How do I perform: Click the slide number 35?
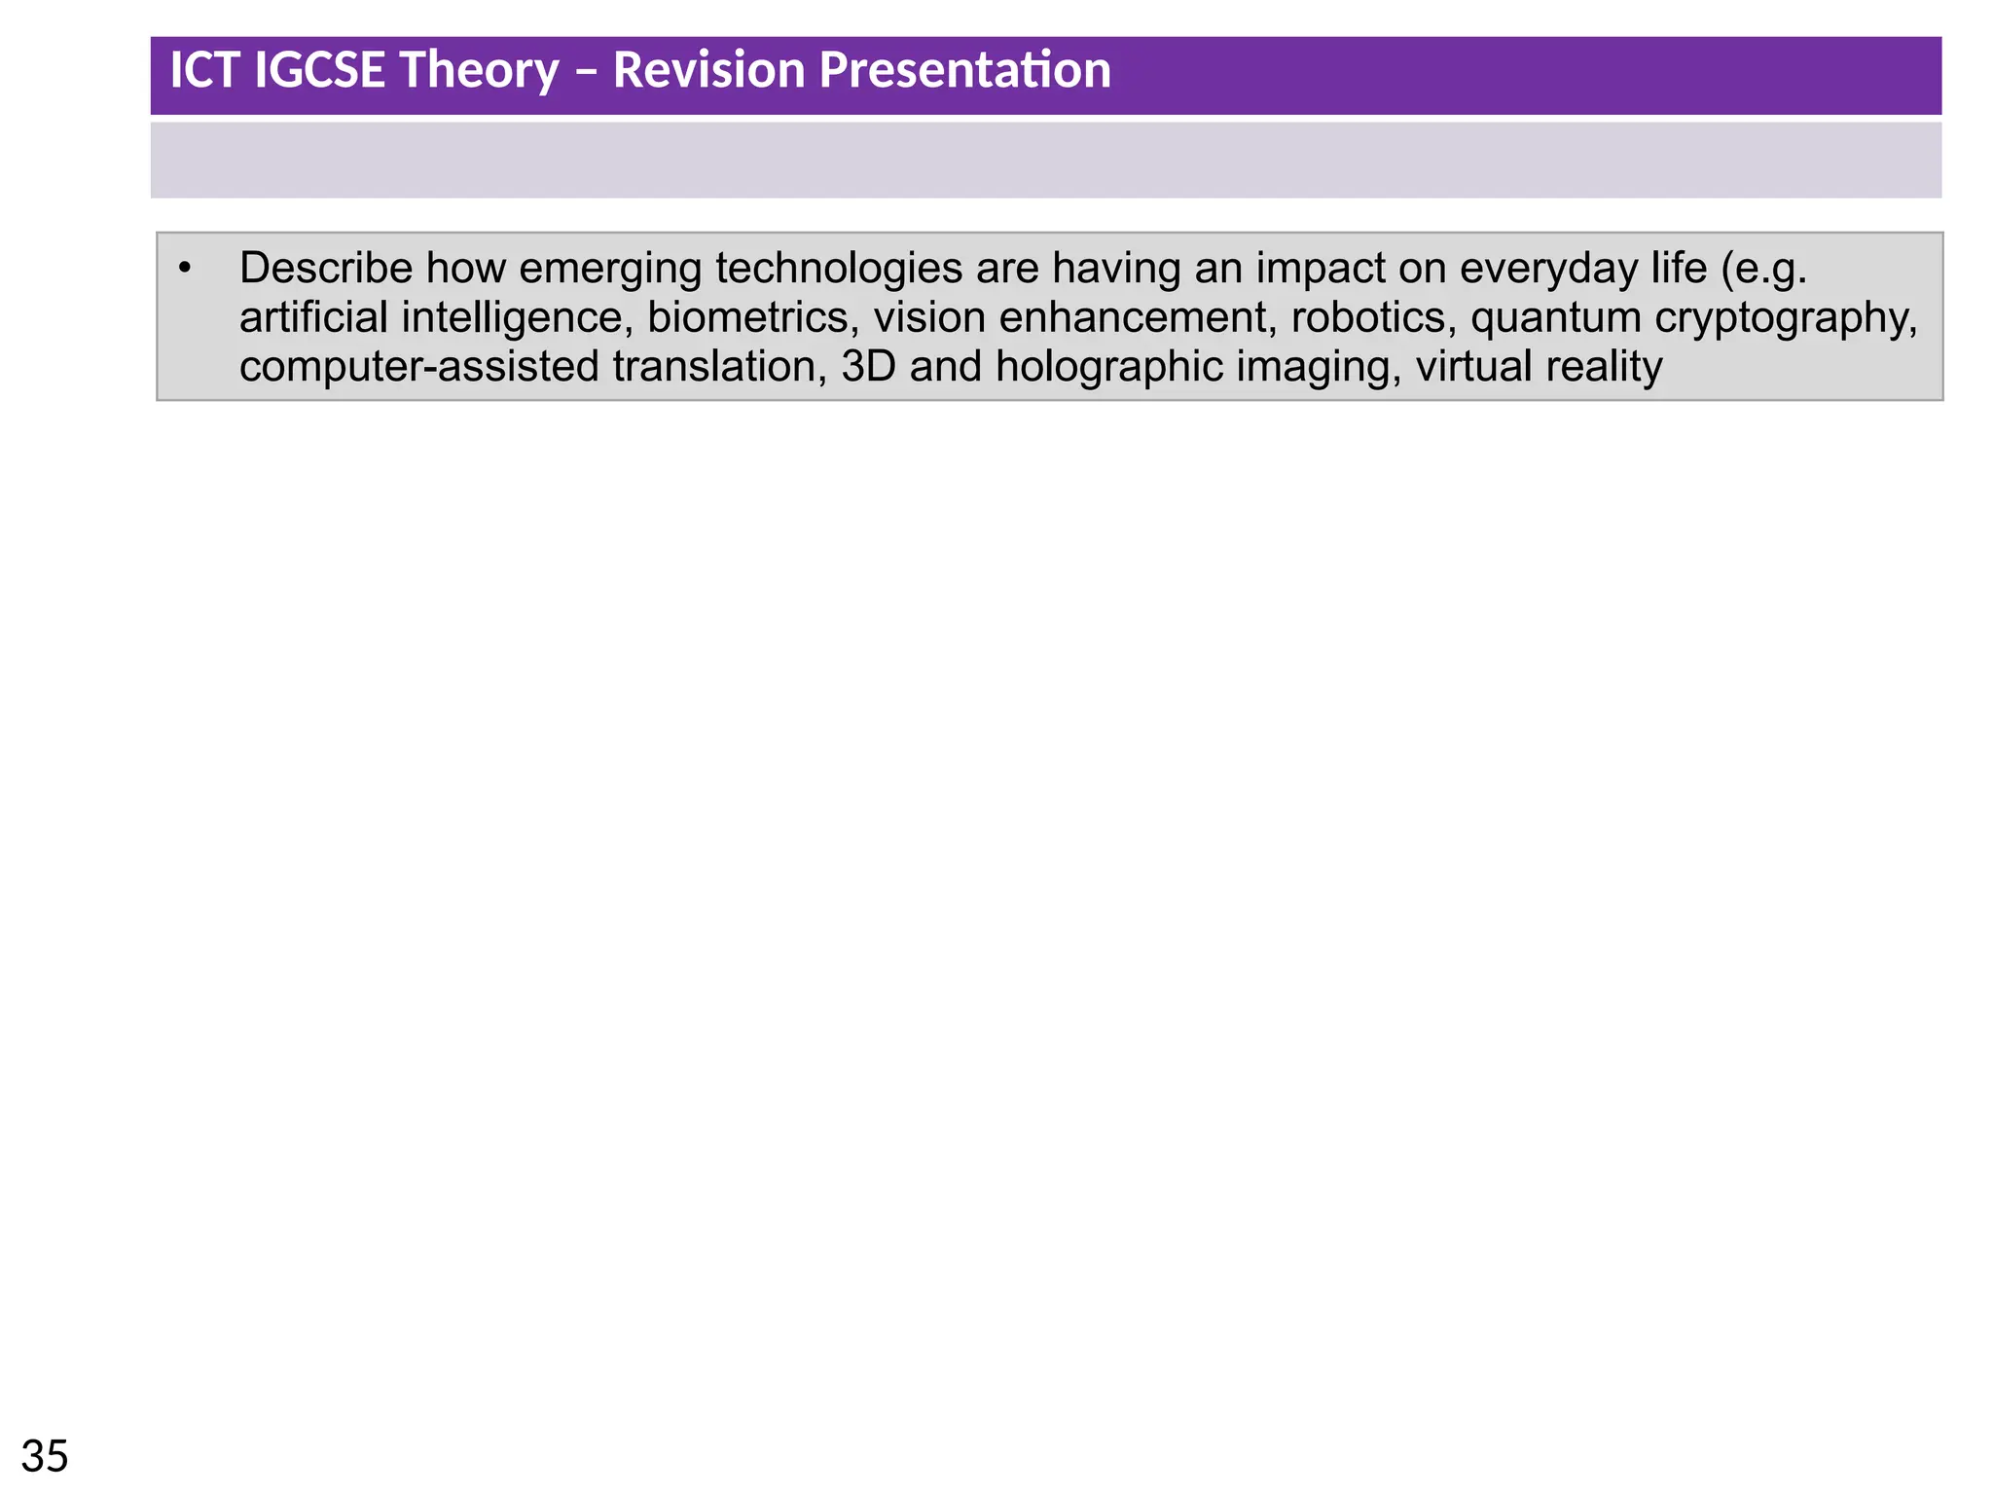coord(45,1457)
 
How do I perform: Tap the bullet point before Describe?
coord(185,269)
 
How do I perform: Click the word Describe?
coord(325,269)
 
